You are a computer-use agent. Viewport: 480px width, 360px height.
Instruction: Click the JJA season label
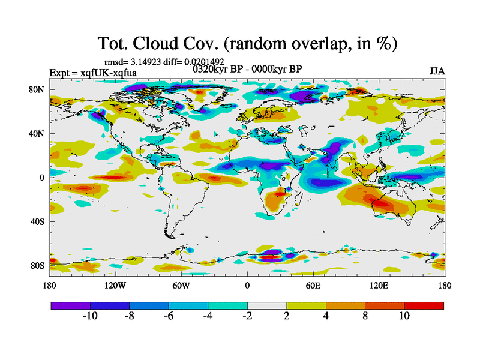[437, 71]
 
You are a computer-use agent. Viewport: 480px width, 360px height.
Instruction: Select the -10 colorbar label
[90, 316]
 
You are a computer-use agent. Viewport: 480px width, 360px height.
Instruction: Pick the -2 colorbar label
[247, 316]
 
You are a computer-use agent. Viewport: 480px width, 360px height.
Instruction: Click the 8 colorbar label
[365, 316]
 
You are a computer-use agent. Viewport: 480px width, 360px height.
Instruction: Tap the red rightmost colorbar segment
[424, 305]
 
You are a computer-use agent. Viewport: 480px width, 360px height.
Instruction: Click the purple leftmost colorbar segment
[70, 305]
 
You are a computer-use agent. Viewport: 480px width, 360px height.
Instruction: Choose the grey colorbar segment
[267, 305]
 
